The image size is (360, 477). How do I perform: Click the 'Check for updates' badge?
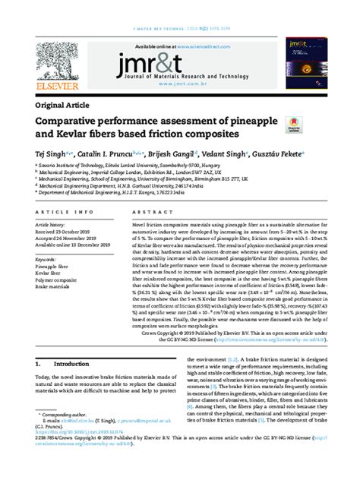point(292,125)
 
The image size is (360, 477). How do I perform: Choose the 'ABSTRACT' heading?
point(149,213)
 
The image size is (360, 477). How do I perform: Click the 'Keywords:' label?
point(48,260)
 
